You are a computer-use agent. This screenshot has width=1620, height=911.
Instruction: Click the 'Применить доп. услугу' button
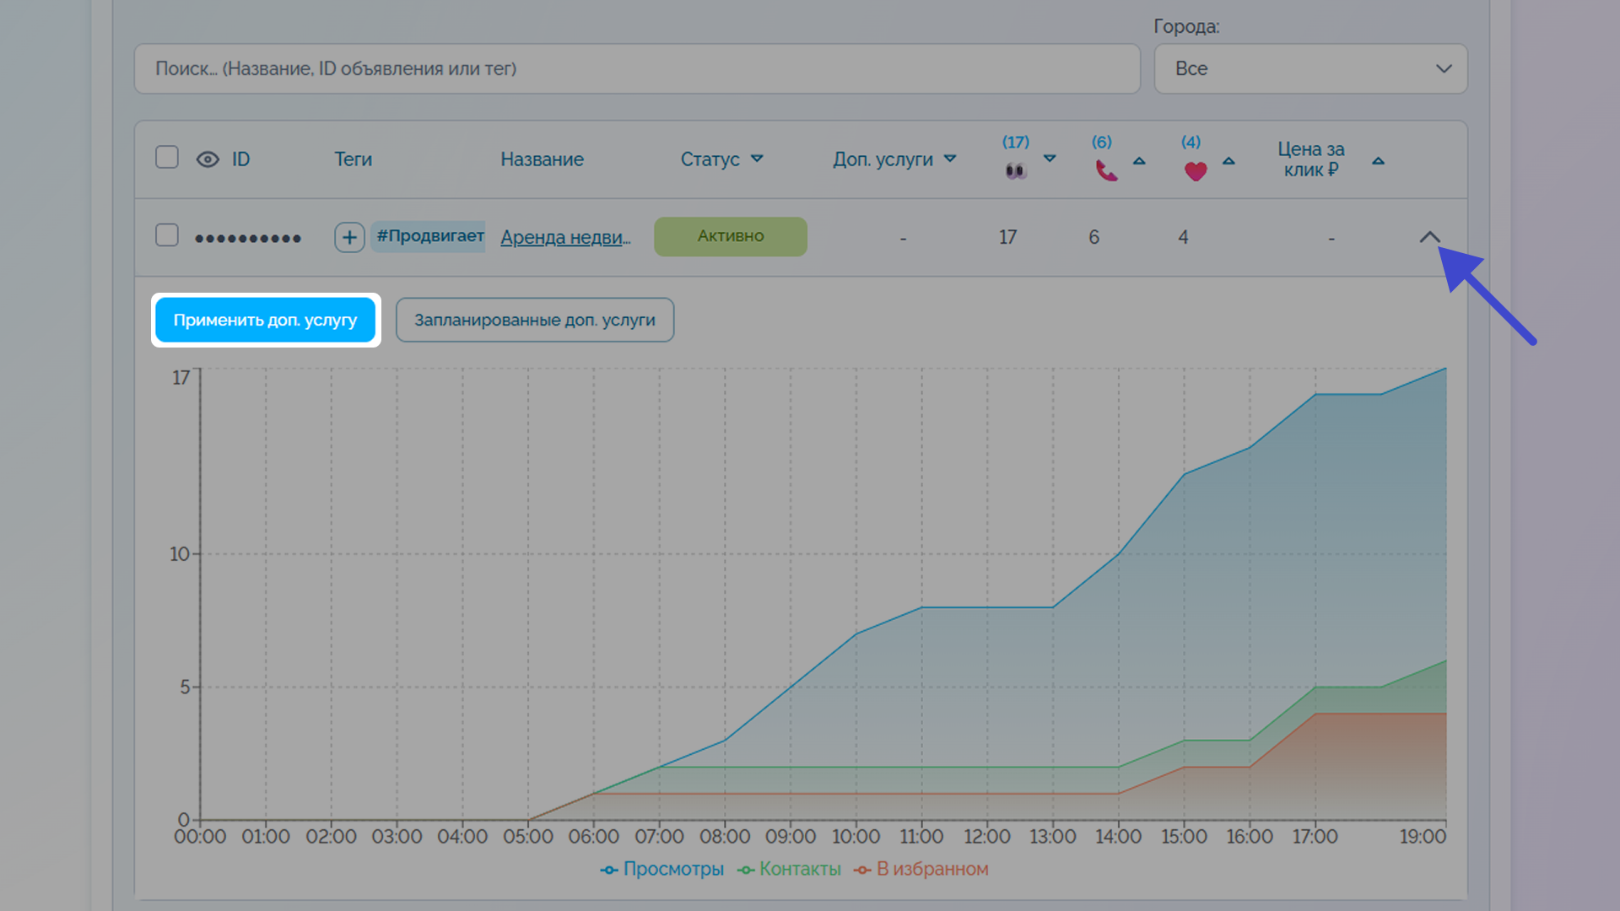pyautogui.click(x=265, y=321)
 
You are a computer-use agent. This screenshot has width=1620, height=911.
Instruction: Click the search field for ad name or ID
pyautogui.click(x=637, y=68)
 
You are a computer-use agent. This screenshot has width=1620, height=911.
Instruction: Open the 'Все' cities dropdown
pyautogui.click(x=1310, y=68)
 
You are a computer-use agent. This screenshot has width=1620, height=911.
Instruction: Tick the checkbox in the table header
pyautogui.click(x=167, y=158)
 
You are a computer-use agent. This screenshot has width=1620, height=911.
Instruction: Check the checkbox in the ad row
pyautogui.click(x=167, y=235)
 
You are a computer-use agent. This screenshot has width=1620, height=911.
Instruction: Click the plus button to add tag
pyautogui.click(x=349, y=237)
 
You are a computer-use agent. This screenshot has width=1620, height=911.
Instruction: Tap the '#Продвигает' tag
pyautogui.click(x=429, y=236)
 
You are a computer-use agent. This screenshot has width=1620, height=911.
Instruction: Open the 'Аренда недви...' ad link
pyautogui.click(x=565, y=237)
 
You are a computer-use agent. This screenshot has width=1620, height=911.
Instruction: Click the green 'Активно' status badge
pyautogui.click(x=731, y=236)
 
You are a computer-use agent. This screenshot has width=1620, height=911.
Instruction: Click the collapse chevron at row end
pyautogui.click(x=1429, y=237)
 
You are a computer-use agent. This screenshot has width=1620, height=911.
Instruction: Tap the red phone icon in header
pyautogui.click(x=1106, y=170)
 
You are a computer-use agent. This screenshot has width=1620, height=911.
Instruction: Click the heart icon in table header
pyautogui.click(x=1196, y=171)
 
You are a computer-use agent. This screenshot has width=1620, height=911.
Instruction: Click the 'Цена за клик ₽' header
pyautogui.click(x=1310, y=159)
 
